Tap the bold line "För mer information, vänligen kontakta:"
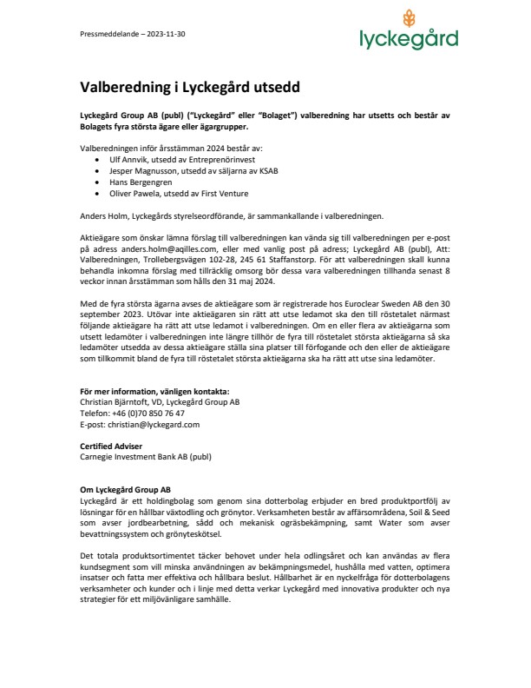(x=155, y=392)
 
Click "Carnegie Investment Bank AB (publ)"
(x=145, y=456)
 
